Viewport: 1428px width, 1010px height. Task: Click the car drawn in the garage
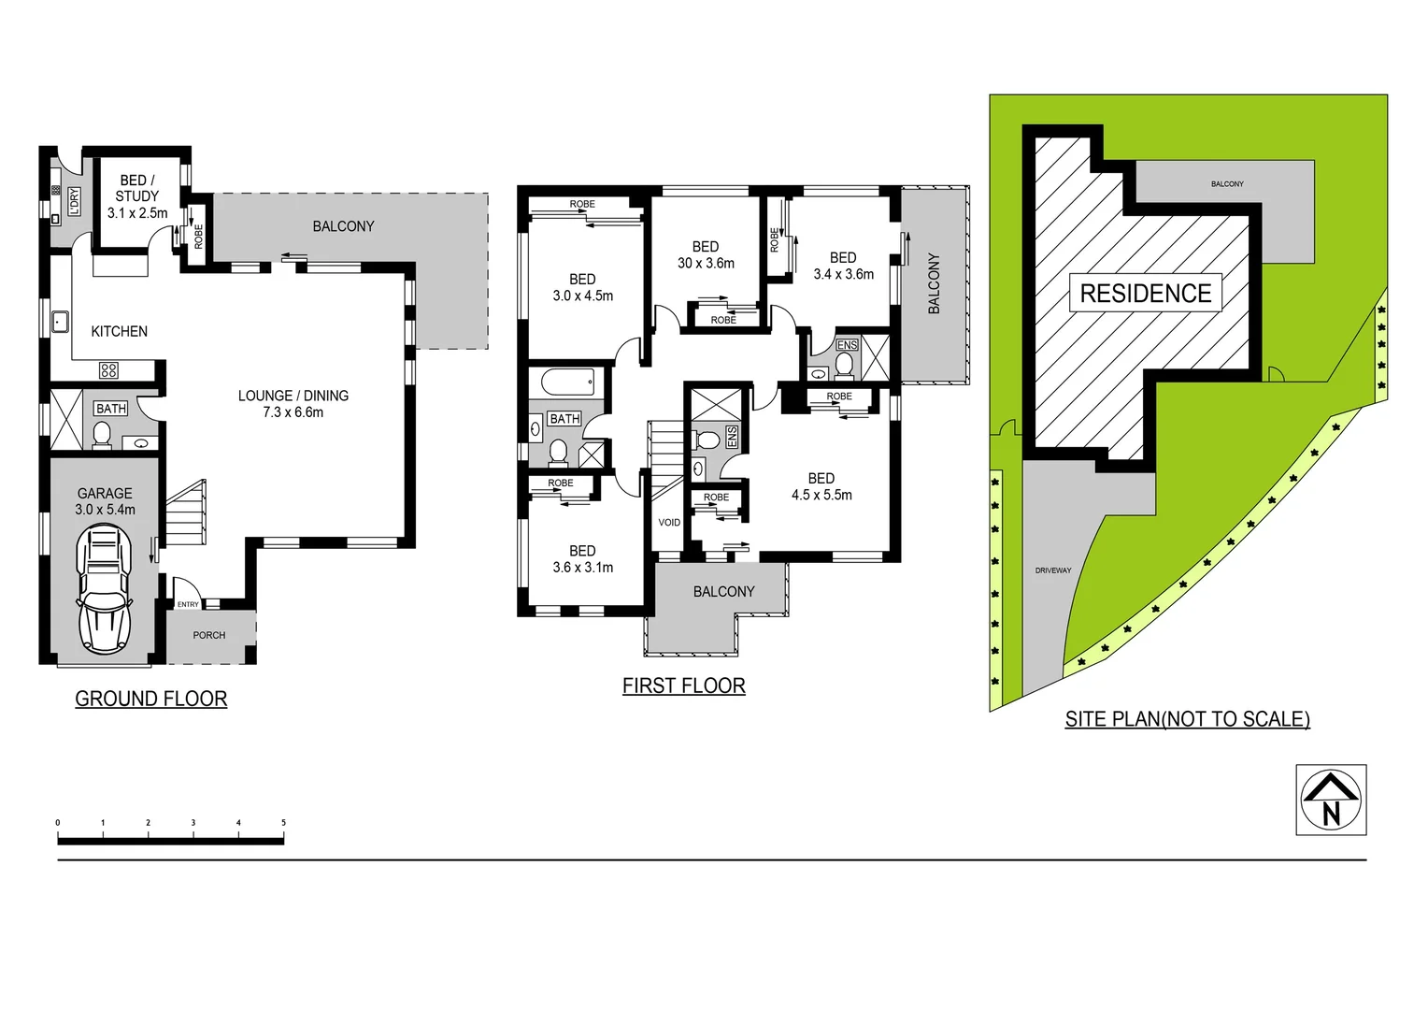[104, 588]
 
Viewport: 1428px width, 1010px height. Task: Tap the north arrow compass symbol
[1331, 800]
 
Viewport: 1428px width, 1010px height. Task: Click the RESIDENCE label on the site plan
[1145, 294]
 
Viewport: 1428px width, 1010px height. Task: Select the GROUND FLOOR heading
[150, 699]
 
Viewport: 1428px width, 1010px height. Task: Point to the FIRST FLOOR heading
[683, 685]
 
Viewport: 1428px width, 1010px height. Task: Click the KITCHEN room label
[119, 331]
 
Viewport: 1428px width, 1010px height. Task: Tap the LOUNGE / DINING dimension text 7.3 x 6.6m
[293, 412]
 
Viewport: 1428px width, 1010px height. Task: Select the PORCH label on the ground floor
[209, 635]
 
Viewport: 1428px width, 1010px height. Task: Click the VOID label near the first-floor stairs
[669, 522]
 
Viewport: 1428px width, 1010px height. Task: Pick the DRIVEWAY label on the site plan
[1053, 570]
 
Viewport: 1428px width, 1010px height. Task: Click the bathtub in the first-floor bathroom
[567, 382]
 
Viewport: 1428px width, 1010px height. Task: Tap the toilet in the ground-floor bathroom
[102, 435]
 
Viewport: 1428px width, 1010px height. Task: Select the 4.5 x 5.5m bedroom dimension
[821, 495]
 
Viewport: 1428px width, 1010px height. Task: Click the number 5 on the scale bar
[283, 823]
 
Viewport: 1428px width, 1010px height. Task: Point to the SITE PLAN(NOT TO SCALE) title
[1187, 719]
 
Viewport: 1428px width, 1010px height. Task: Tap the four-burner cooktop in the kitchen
[108, 370]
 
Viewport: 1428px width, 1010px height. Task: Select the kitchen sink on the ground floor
[60, 322]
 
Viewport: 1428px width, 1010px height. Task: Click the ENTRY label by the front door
[188, 604]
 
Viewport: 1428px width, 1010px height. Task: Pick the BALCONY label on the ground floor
[343, 226]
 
